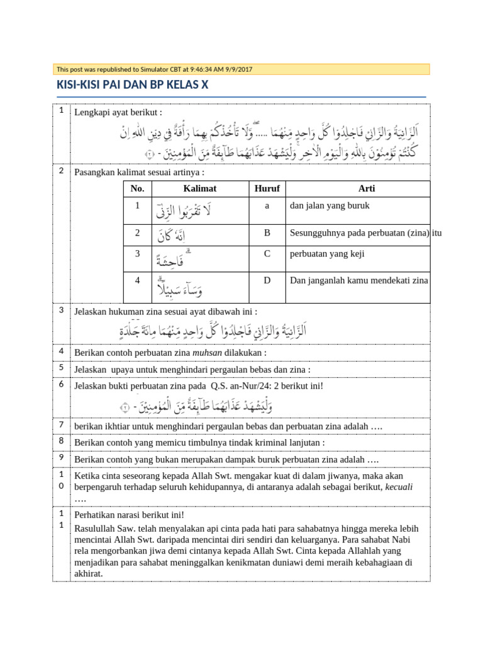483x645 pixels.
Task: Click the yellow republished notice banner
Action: pos(241,69)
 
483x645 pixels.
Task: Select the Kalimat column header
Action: pos(200,189)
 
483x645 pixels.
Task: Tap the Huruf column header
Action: pos(267,189)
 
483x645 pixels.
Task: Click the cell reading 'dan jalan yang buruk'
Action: pos(330,205)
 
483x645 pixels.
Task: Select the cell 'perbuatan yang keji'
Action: pos(326,254)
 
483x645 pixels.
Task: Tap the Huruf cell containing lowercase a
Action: pos(267,205)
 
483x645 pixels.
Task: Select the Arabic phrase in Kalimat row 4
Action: pos(179,288)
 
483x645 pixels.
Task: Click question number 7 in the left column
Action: pos(62,425)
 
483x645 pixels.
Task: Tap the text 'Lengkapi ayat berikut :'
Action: pos(118,112)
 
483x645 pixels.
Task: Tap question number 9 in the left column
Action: pos(62,458)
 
